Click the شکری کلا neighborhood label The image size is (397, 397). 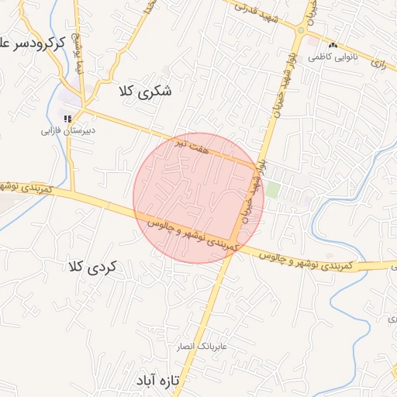144,91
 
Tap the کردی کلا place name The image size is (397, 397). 92,267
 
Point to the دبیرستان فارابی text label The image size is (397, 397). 68,131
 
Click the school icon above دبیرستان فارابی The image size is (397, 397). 68,118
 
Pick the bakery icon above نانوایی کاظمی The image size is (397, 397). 333,44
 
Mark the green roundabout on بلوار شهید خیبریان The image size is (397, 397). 300,31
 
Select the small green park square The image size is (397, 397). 272,190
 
